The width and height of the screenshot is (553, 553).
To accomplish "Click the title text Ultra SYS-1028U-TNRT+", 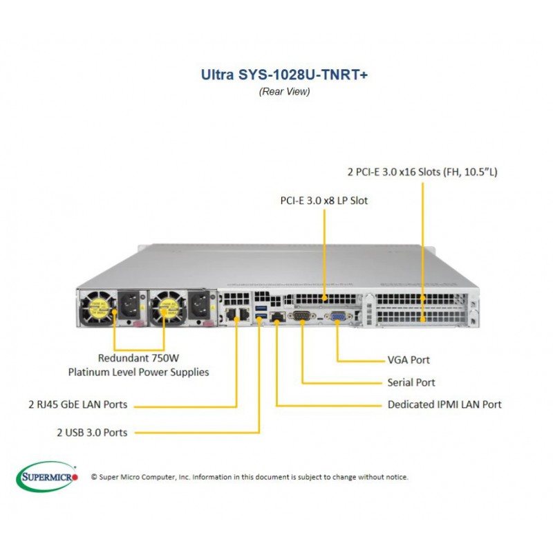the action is click(x=284, y=75).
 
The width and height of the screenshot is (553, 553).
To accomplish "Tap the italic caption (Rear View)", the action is click(x=284, y=92).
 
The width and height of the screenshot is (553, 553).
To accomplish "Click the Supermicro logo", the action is click(x=47, y=476).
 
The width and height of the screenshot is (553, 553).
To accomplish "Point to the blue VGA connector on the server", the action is click(x=338, y=317).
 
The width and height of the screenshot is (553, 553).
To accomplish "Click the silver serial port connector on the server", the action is click(x=301, y=315).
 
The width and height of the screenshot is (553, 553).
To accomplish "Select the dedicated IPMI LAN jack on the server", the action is click(x=277, y=317).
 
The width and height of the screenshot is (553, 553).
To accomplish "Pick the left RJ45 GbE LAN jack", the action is click(x=231, y=314).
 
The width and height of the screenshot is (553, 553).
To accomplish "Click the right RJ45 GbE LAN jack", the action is click(x=244, y=314).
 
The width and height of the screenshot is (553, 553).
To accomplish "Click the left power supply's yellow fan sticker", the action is click(x=97, y=308).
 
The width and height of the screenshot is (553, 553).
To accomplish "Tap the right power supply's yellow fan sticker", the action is click(x=168, y=308).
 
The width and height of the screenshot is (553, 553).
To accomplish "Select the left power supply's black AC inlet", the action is click(x=130, y=303).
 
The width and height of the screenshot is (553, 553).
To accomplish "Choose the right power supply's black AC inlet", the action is click(x=200, y=303).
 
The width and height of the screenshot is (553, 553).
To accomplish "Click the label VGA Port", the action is click(x=409, y=360).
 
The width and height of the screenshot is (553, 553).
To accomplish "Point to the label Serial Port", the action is click(x=411, y=382).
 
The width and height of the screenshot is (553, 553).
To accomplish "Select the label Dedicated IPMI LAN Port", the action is click(x=444, y=404).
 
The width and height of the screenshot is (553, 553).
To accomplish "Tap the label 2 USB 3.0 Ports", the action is click(x=92, y=433).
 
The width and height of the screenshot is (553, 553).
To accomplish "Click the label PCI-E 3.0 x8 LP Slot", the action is click(x=324, y=200).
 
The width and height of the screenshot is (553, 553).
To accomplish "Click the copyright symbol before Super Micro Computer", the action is click(x=94, y=477).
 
